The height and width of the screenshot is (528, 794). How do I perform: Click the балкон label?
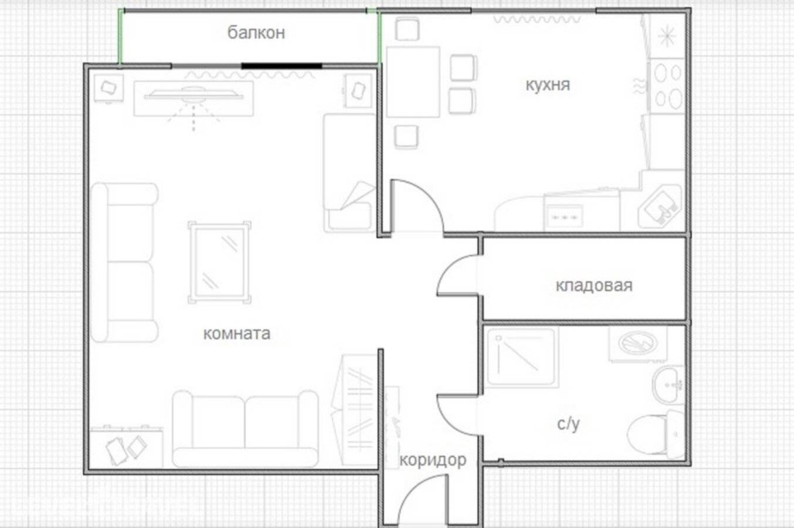[256, 33]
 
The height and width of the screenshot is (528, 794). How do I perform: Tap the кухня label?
[548, 85]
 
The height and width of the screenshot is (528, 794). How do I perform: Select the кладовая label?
[594, 286]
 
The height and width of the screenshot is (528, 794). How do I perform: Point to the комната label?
[236, 334]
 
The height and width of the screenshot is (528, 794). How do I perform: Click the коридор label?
[433, 461]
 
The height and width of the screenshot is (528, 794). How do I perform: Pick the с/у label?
[568, 424]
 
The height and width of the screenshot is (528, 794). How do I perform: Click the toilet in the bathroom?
[656, 434]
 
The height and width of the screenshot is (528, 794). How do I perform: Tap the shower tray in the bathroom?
[521, 357]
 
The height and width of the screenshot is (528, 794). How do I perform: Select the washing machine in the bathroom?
[638, 344]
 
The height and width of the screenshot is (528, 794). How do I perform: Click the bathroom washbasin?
[668, 385]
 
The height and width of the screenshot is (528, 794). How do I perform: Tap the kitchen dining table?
[413, 82]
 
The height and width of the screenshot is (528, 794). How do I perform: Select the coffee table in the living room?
[219, 263]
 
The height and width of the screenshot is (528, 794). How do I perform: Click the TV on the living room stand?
[194, 96]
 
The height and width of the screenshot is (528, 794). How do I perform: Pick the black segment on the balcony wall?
[282, 66]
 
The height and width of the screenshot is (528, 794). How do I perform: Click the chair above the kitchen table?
[407, 29]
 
